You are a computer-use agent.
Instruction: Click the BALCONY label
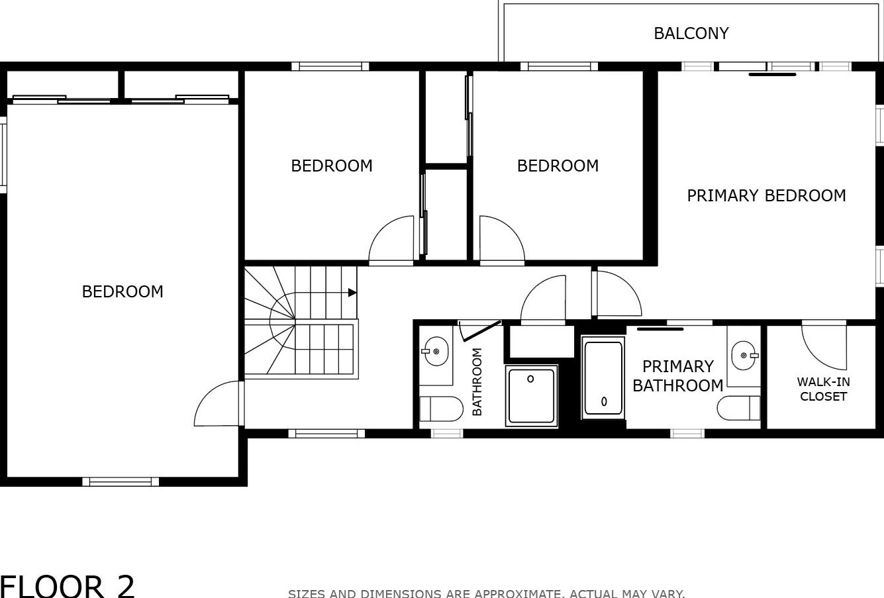tap(691, 34)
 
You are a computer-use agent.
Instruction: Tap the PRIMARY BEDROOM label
tap(766, 195)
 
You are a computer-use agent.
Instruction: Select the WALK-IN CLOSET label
tap(823, 389)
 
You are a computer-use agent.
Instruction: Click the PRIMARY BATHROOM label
tap(677, 375)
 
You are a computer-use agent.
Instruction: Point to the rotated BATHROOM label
tap(477, 381)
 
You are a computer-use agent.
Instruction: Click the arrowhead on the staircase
tap(352, 293)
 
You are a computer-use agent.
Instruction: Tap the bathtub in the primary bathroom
tap(603, 377)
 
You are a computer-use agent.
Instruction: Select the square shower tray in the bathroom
tap(532, 396)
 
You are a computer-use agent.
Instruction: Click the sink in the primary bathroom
tap(744, 355)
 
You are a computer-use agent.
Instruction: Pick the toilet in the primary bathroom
tap(738, 408)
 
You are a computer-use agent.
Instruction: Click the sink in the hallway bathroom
tap(435, 351)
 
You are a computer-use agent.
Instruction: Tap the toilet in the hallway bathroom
tap(441, 409)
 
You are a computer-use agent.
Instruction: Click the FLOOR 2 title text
tap(67, 587)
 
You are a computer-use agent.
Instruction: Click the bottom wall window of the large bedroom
tap(121, 481)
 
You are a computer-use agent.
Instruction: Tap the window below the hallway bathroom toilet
tap(446, 433)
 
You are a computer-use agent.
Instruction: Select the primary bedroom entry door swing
tap(618, 294)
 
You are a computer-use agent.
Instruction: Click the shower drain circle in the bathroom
tap(530, 379)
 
